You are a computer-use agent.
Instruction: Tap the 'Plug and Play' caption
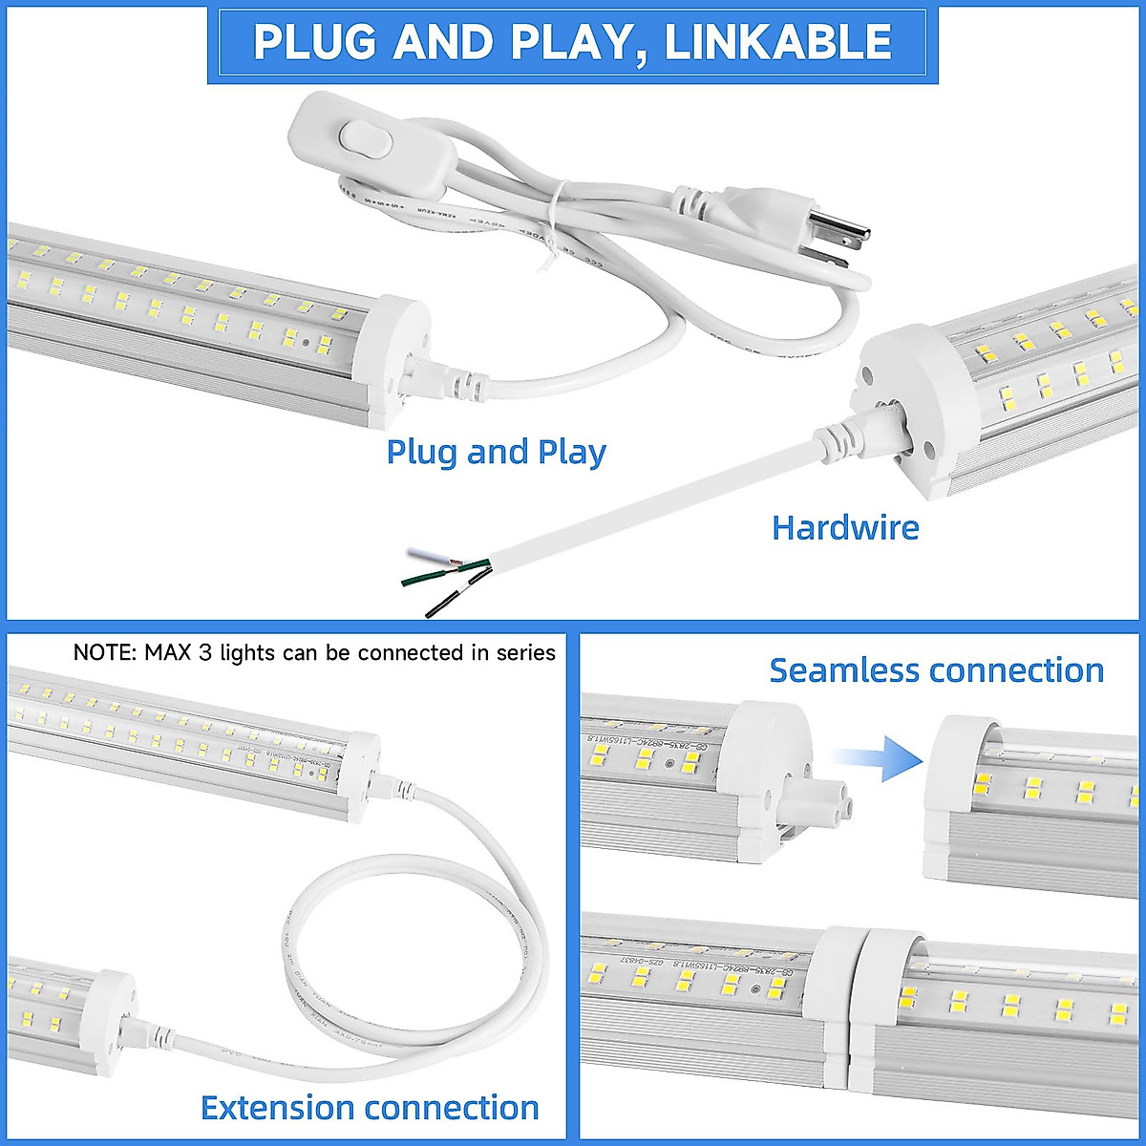pyautogui.click(x=496, y=452)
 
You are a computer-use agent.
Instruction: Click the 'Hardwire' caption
pyautogui.click(x=845, y=527)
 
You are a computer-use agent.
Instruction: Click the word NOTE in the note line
pyautogui.click(x=103, y=653)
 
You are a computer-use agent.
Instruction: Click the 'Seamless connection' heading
pyautogui.click(x=936, y=670)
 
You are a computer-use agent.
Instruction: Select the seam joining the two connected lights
pyautogui.click(x=861, y=993)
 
